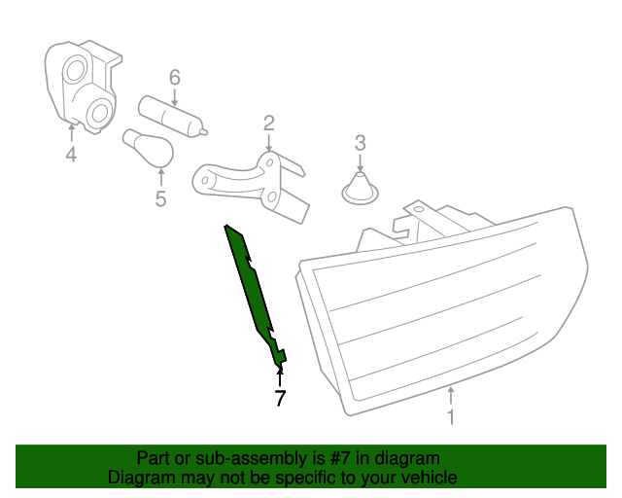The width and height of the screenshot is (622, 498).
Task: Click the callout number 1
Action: tap(450, 417)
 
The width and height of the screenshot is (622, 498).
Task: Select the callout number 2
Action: tap(268, 124)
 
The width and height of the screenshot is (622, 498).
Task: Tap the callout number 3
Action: tap(360, 143)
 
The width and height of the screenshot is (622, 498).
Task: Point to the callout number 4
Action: tap(71, 155)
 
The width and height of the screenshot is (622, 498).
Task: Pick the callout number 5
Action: tap(160, 198)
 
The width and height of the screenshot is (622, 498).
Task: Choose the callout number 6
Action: tap(175, 77)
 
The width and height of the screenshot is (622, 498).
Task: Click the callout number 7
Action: tap(280, 398)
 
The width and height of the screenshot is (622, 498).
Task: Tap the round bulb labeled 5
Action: tap(149, 148)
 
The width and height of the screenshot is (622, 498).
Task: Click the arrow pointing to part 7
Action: tap(280, 375)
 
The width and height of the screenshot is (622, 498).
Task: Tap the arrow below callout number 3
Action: tap(360, 161)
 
